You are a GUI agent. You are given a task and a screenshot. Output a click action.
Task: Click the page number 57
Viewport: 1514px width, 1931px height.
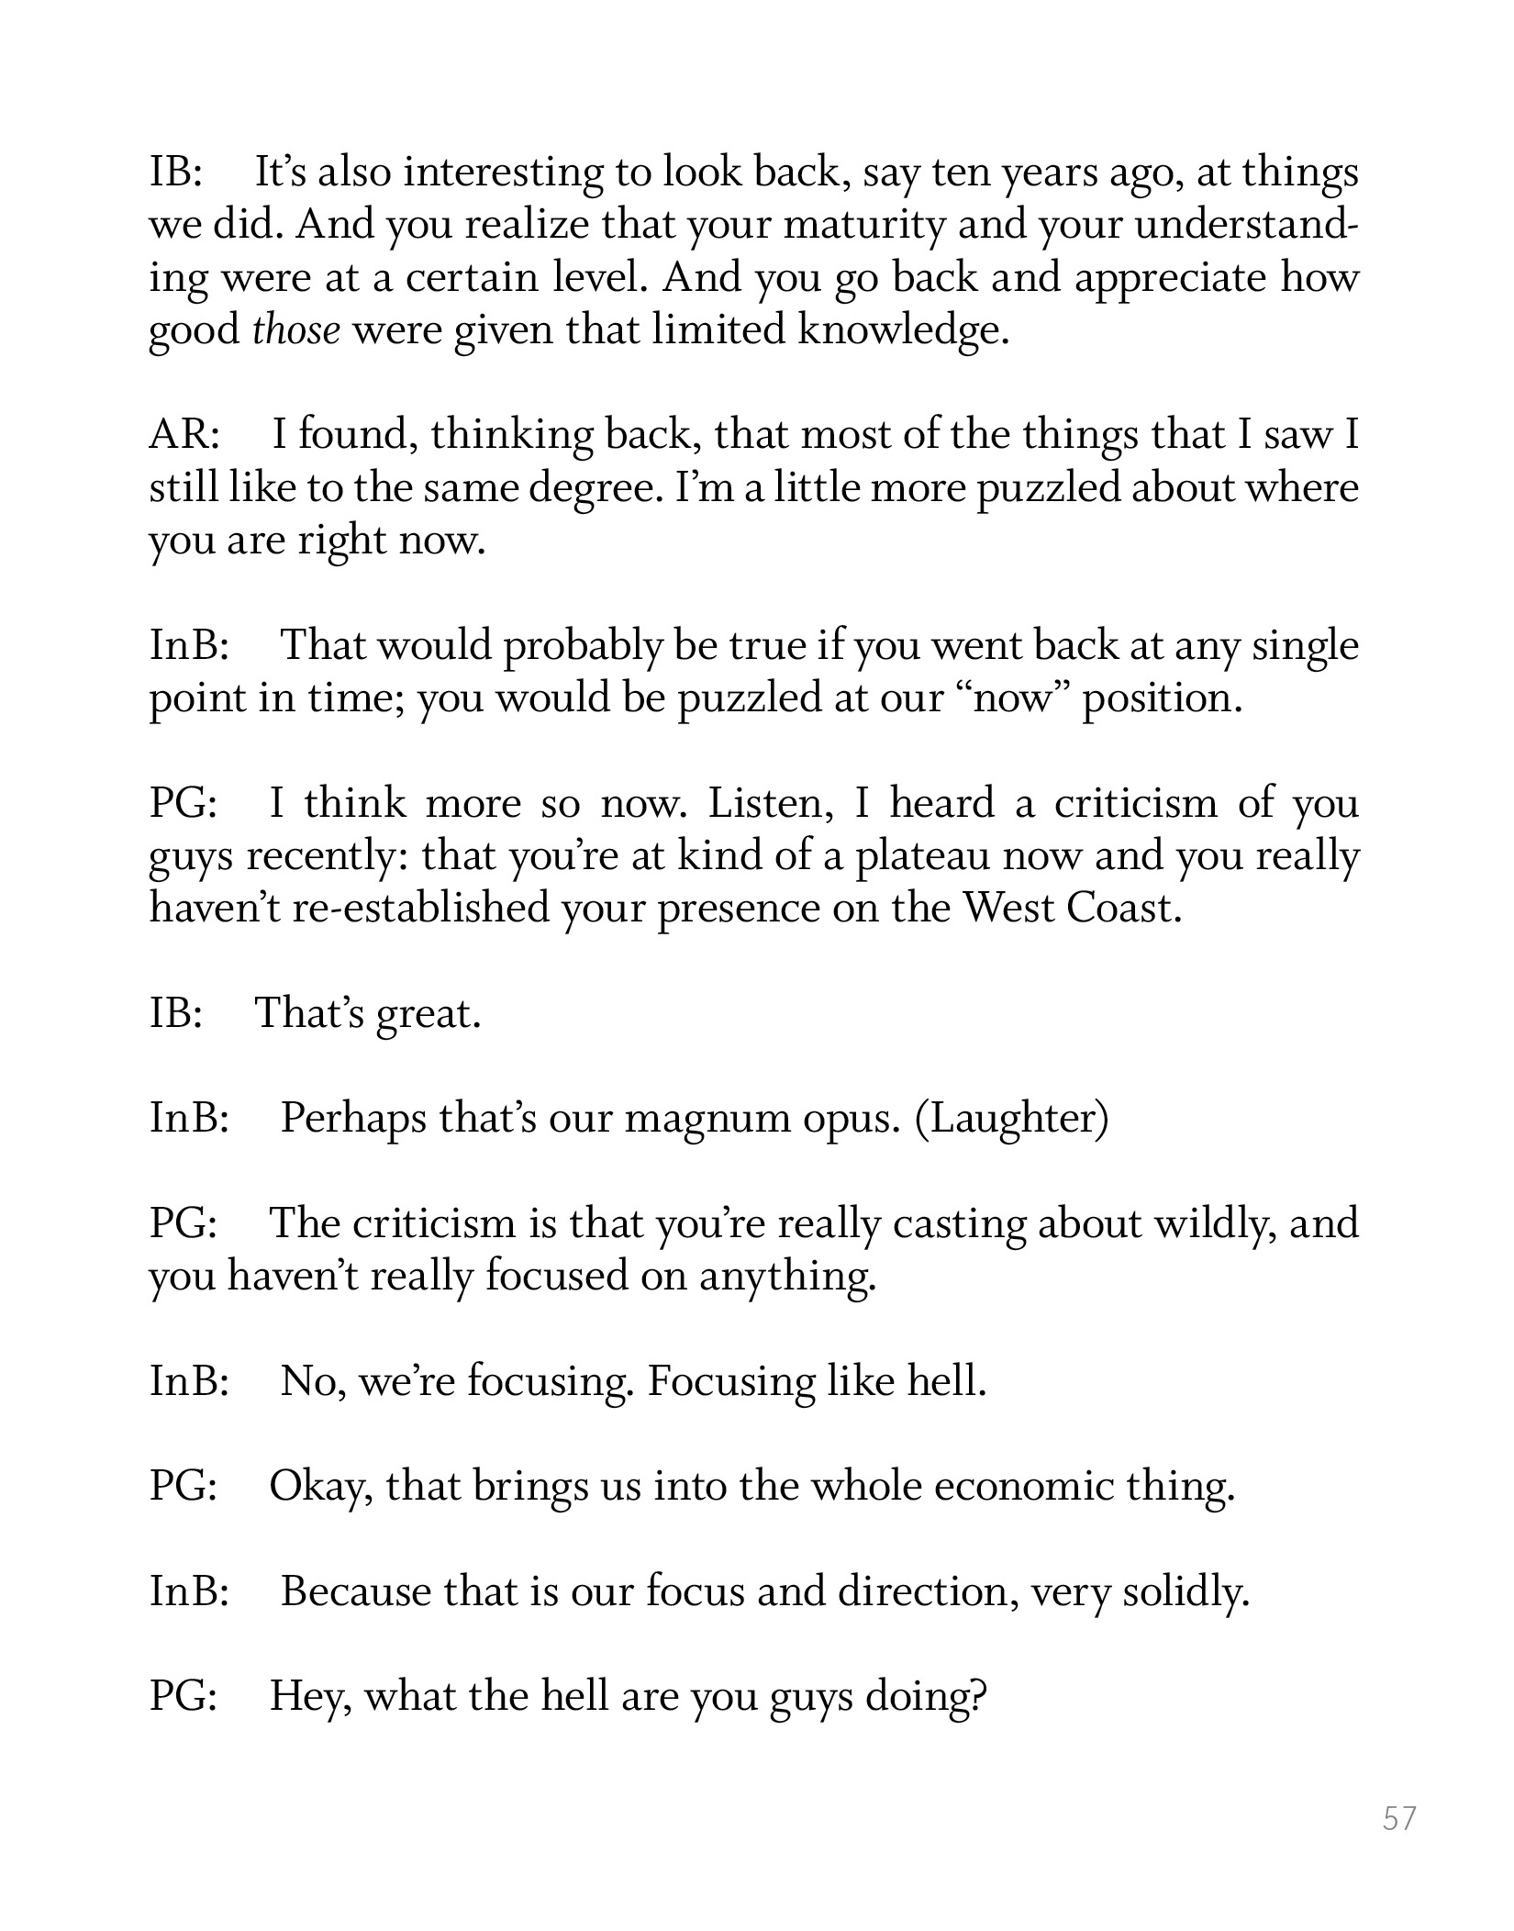1399,1818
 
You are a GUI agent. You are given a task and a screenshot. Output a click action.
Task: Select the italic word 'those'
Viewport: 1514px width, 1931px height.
295,330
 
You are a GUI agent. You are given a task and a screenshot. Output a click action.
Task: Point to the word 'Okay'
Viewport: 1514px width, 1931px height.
320,1486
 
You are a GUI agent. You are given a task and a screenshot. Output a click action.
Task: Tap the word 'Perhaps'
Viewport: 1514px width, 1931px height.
352,1119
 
